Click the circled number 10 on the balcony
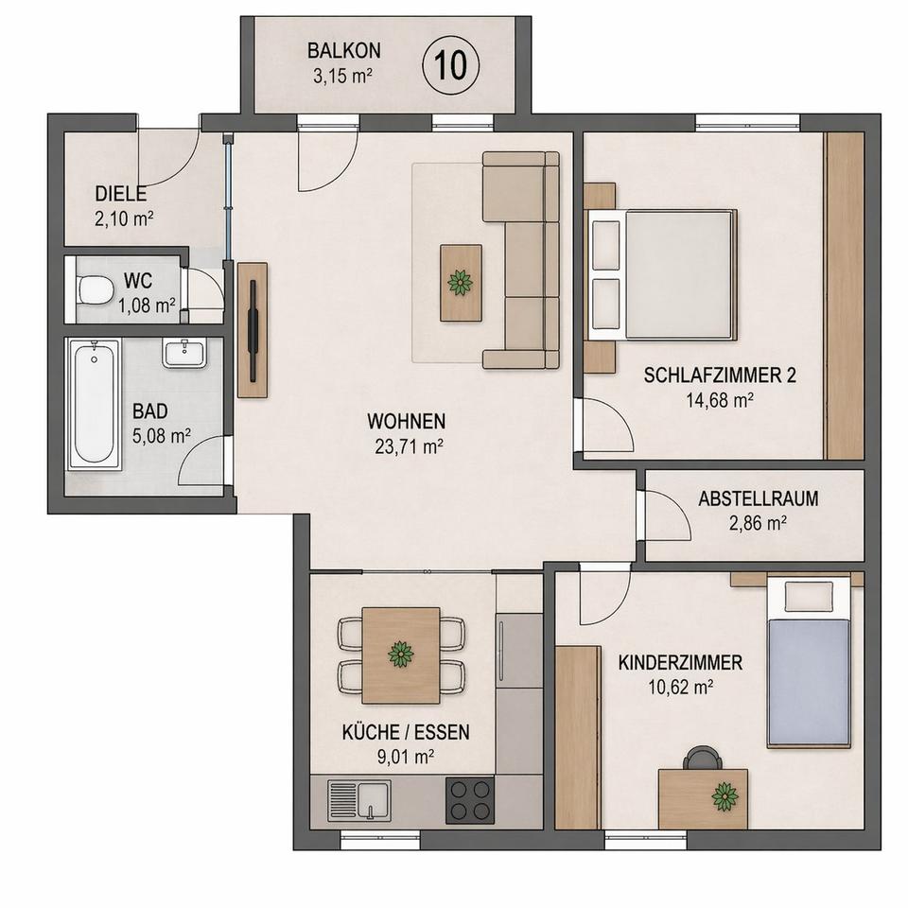(451, 64)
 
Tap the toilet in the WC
(95, 288)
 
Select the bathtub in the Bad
(94, 404)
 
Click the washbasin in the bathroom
(184, 354)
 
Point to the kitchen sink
(359, 800)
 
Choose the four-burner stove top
(470, 801)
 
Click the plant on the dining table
(401, 654)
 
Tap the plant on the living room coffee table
(461, 283)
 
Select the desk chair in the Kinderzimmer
(703, 758)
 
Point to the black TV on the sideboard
(253, 330)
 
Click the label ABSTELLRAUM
(758, 498)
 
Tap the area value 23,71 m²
(410, 446)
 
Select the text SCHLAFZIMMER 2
(720, 375)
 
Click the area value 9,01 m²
(406, 757)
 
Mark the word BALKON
(344, 51)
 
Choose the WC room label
(138, 281)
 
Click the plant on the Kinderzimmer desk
(725, 796)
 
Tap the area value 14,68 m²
(720, 399)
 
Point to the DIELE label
(120, 193)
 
